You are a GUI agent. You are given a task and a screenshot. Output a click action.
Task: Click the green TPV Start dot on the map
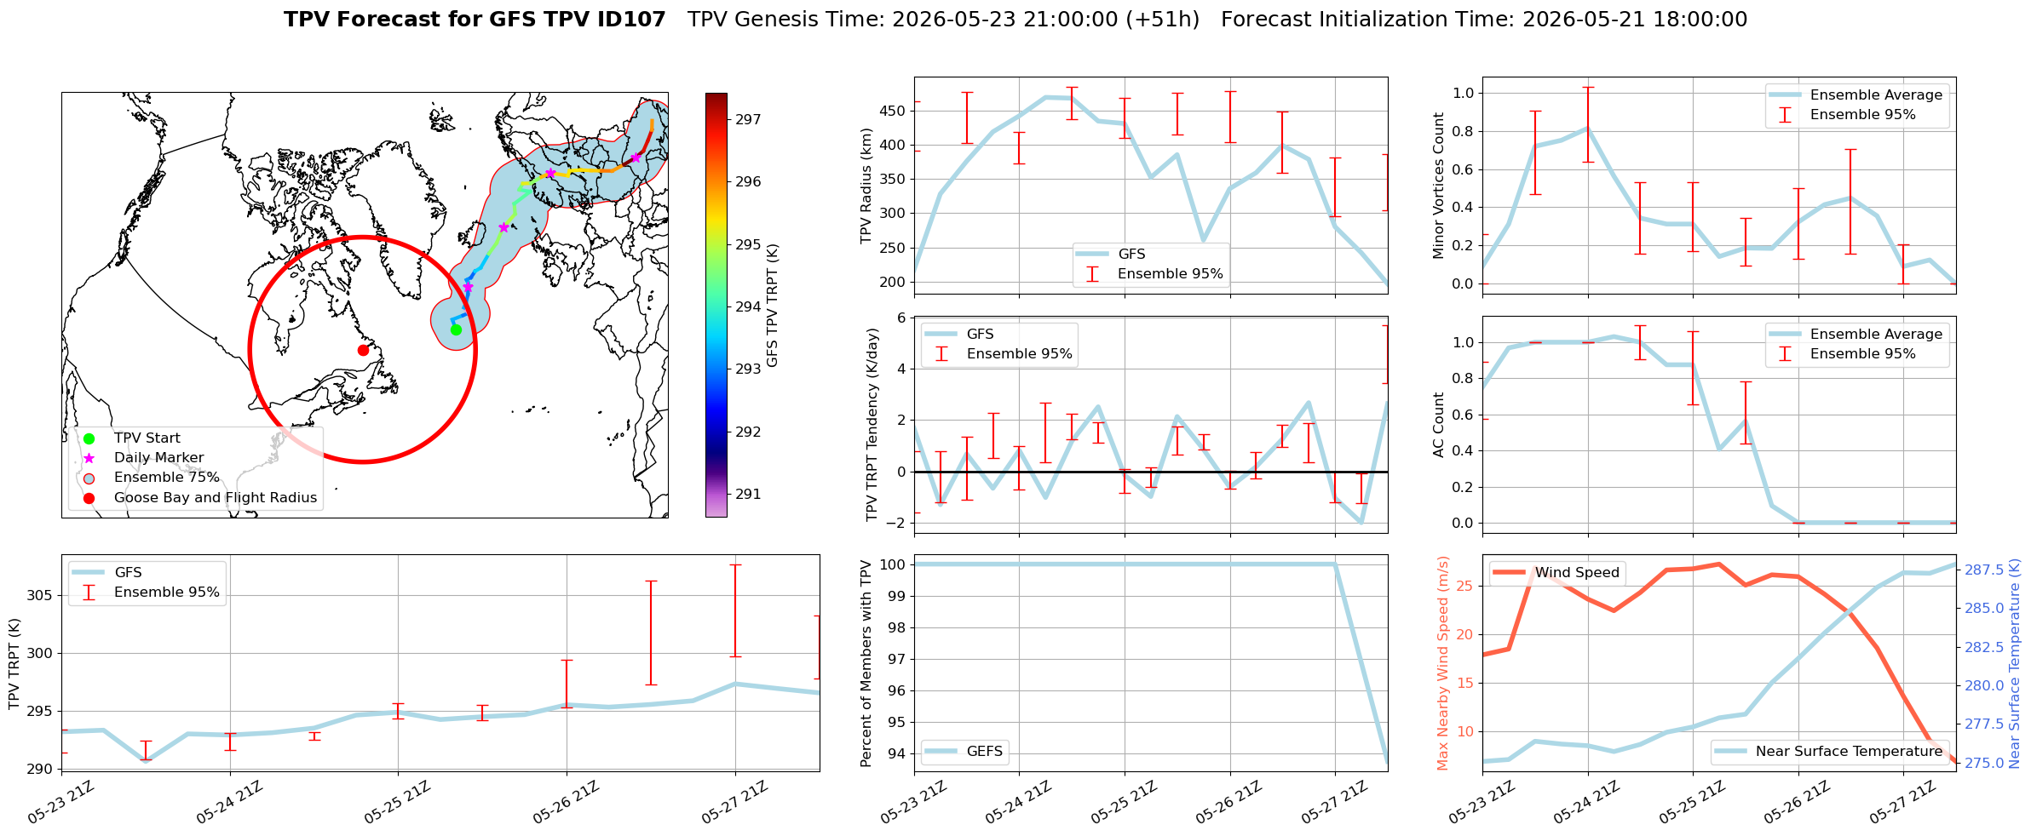tap(456, 330)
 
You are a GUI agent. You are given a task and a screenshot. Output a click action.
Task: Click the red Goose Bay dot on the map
tap(363, 350)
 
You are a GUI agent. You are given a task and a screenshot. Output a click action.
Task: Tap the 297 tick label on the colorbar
tap(748, 119)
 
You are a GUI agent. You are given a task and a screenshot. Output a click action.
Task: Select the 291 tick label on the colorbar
tap(748, 494)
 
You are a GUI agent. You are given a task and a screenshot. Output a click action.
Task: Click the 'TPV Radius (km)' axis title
tap(866, 186)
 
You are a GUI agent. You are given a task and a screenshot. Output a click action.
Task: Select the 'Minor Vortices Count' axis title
tap(1439, 186)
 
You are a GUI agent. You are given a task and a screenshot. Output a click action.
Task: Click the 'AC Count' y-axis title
tap(1439, 425)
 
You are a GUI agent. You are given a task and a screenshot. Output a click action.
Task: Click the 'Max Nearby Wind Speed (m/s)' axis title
tap(1442, 663)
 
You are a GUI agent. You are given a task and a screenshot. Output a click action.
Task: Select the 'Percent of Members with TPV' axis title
tap(866, 663)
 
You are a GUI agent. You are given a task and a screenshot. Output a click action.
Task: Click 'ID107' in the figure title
tap(633, 20)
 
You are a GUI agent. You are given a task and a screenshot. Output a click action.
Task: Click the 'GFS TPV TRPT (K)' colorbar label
tap(773, 305)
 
